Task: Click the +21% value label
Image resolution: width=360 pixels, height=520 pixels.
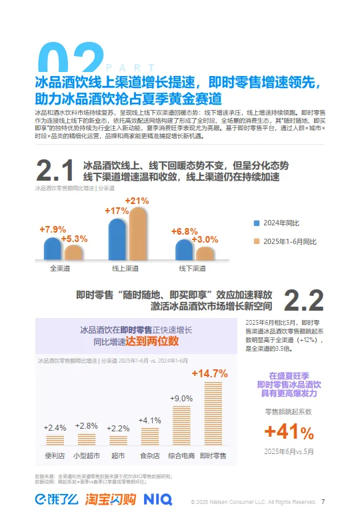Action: tap(137, 201)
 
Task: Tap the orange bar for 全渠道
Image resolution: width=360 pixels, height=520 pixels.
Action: tap(73, 252)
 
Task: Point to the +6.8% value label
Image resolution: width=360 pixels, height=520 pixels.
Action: tap(184, 231)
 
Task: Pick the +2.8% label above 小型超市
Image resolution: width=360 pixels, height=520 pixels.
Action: tap(87, 426)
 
